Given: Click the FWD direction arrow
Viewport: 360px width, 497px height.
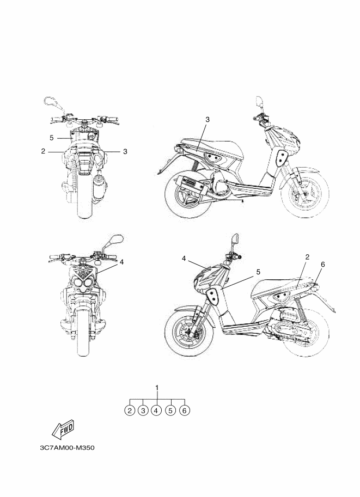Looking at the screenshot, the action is point(63,429).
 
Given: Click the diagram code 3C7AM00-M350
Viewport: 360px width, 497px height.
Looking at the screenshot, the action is point(67,448).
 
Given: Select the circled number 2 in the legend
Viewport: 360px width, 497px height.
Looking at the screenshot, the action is point(130,410).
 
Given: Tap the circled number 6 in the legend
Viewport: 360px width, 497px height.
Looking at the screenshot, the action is point(185,410).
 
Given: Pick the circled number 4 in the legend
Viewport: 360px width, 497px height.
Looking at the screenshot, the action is point(156,410).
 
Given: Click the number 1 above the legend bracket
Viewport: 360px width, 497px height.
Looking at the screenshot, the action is point(157,388).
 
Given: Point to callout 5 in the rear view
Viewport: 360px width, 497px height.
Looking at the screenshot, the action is point(52,138).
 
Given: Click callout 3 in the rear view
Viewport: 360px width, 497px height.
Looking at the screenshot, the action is point(125,151).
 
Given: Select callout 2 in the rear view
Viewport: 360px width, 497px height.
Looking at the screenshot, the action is point(44,151).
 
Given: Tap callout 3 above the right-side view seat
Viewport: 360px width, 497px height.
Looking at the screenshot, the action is point(208,120).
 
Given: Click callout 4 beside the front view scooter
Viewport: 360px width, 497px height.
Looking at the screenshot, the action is point(121,262).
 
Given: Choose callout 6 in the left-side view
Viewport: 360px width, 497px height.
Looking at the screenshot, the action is point(323,265).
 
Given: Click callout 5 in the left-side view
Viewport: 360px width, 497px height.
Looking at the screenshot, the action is point(258,272).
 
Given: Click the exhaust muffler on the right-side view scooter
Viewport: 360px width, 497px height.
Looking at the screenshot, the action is point(191,184).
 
